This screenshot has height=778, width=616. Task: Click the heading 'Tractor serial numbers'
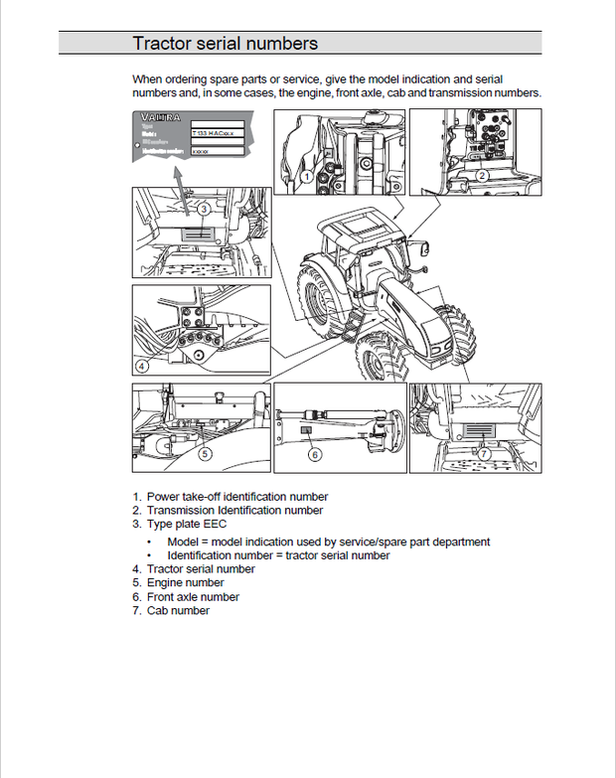pyautogui.click(x=226, y=43)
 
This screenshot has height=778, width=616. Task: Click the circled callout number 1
pyautogui.click(x=307, y=176)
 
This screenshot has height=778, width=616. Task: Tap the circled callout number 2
pyautogui.click(x=481, y=175)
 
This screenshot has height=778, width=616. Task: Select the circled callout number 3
pyautogui.click(x=202, y=209)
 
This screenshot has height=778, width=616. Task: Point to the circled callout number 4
pyautogui.click(x=143, y=366)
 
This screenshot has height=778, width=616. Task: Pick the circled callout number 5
pyautogui.click(x=204, y=454)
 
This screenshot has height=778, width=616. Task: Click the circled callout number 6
pyautogui.click(x=315, y=454)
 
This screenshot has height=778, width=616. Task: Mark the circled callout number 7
pyautogui.click(x=484, y=454)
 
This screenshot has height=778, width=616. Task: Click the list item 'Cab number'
pyautogui.click(x=178, y=611)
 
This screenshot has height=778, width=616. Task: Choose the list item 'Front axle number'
pyautogui.click(x=193, y=597)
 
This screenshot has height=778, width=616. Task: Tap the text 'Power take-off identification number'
pyautogui.click(x=236, y=496)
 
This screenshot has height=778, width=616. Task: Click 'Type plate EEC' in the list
pyautogui.click(x=187, y=524)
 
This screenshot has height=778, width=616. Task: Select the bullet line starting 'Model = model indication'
pyautogui.click(x=328, y=542)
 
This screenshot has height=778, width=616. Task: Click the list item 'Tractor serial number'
pyautogui.click(x=201, y=569)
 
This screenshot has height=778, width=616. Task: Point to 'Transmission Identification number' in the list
pyautogui.click(x=234, y=510)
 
